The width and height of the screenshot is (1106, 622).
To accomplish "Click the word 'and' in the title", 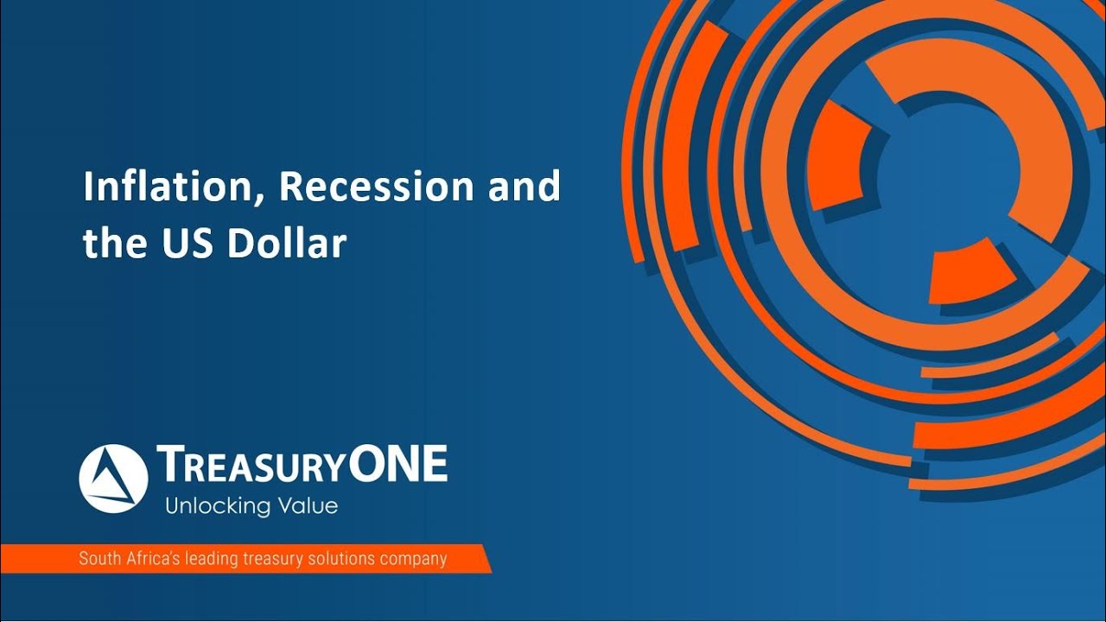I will [524, 187].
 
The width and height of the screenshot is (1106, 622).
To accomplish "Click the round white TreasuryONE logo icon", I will [113, 479].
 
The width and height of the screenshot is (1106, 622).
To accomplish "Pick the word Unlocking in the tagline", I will [211, 505].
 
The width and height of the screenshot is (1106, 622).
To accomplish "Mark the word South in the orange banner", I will [97, 558].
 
